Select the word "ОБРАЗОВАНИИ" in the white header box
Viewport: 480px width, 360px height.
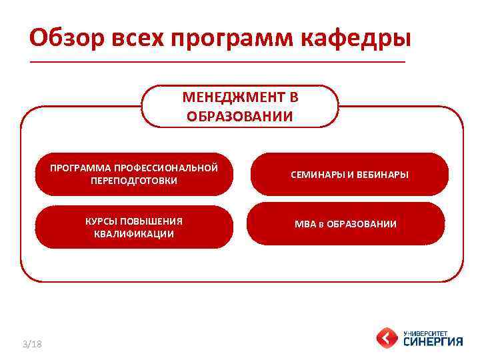coord(240,117)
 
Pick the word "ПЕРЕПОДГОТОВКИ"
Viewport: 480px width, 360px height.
coord(134,181)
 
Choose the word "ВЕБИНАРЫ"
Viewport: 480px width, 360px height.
coord(382,175)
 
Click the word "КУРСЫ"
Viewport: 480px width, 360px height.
coord(100,221)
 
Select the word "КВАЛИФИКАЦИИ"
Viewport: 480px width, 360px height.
coord(134,234)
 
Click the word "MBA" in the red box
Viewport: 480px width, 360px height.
coord(305,224)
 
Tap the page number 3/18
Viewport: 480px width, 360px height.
coord(31,344)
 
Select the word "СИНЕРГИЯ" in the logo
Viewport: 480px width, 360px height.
coord(433,341)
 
